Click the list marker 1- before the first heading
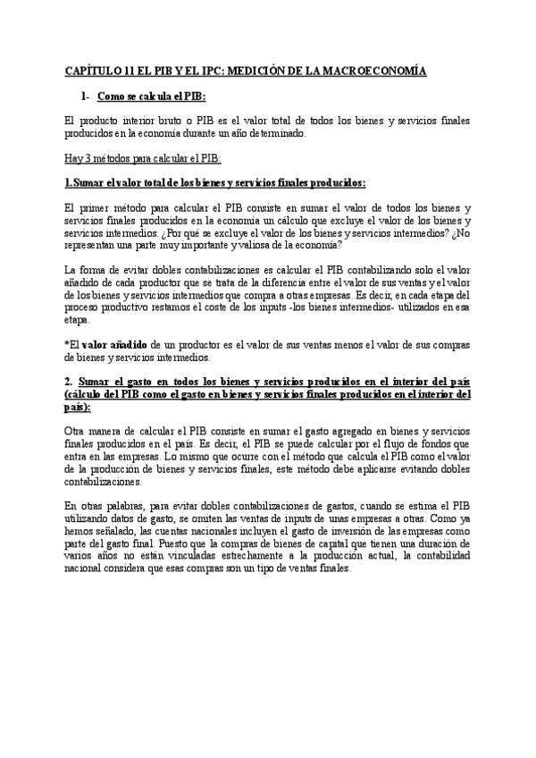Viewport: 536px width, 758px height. pos(85,95)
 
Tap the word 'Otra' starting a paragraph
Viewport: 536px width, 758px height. pos(76,433)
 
